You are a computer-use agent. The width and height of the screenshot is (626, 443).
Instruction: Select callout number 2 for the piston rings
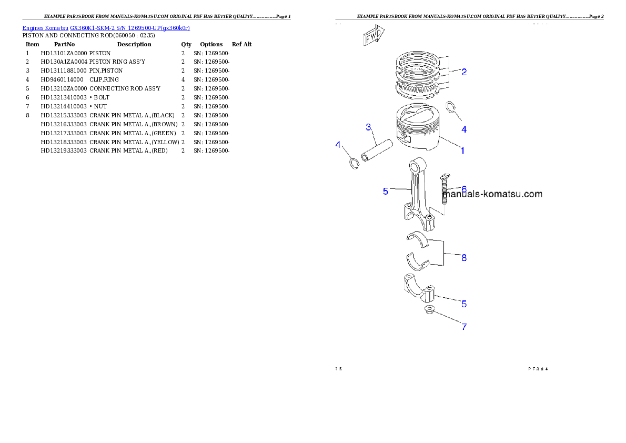tap(463, 72)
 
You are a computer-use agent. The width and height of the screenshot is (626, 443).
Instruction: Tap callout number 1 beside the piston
tap(462, 150)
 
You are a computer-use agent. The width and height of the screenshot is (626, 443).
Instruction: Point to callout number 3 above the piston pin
tap(368, 127)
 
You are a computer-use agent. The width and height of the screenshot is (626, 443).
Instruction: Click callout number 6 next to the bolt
tap(463, 188)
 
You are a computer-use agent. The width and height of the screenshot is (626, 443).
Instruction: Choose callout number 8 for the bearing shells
tap(463, 258)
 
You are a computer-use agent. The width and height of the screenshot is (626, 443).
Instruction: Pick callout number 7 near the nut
tap(463, 327)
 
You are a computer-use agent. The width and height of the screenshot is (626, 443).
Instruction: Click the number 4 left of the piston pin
tap(338, 145)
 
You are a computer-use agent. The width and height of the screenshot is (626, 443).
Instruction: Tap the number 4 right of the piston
tap(463, 129)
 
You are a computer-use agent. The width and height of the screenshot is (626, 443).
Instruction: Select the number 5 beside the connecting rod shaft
tap(386, 192)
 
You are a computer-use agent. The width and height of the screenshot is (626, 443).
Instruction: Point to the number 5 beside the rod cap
tap(463, 304)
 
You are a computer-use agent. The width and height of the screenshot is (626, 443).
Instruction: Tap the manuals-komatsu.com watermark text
tap(492, 194)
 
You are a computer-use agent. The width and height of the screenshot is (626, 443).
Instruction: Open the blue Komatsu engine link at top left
tap(106, 27)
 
